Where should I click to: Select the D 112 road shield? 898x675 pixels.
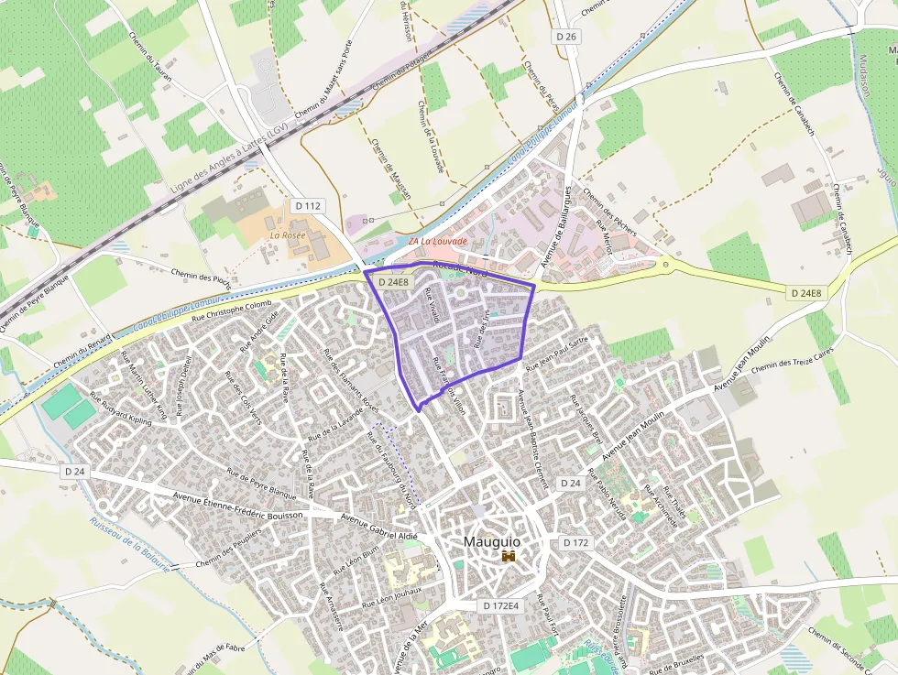pyautogui.click(x=308, y=206)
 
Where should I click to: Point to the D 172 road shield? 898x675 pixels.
pyautogui.click(x=575, y=543)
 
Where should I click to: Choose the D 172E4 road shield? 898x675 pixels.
pyautogui.click(x=501, y=606)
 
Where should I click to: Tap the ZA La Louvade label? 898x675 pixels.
pyautogui.click(x=438, y=242)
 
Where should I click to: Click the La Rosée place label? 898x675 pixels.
pyautogui.click(x=287, y=235)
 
